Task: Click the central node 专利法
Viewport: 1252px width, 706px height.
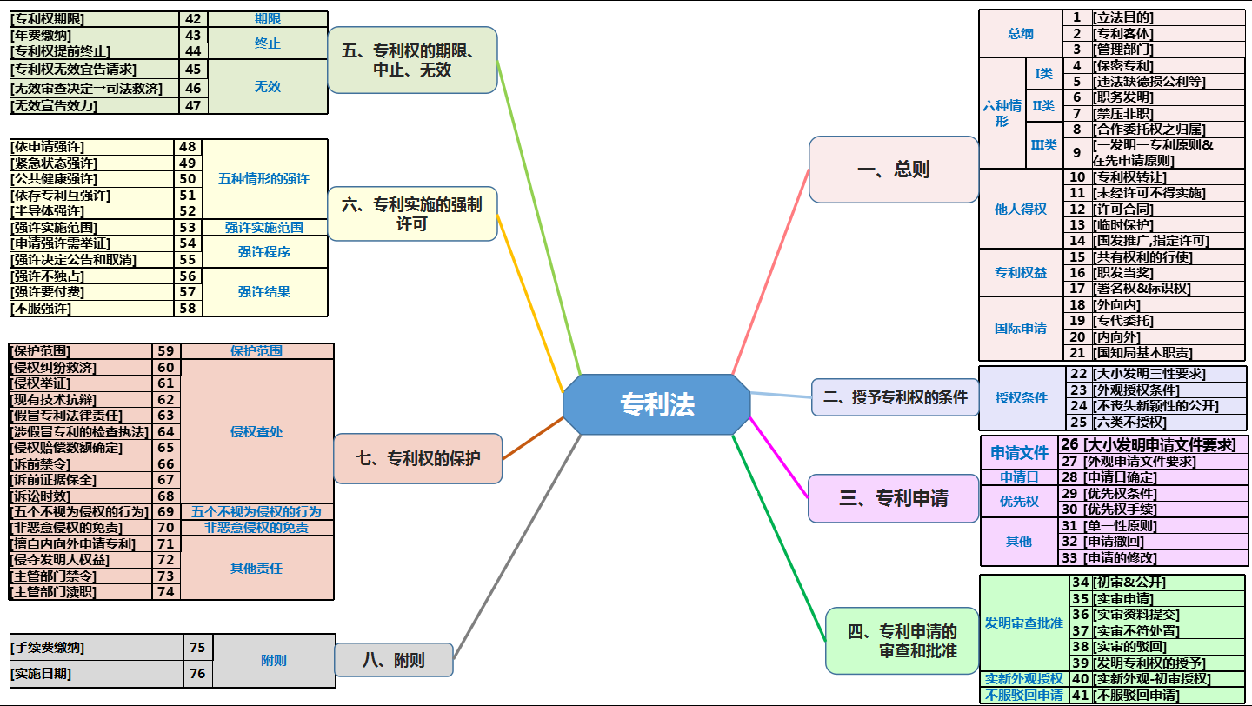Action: pyautogui.click(x=656, y=404)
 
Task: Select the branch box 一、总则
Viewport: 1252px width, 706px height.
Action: pyautogui.click(x=893, y=170)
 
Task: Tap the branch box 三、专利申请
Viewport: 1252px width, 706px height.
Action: pyautogui.click(x=893, y=498)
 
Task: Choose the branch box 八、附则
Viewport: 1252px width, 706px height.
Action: pyautogui.click(x=394, y=660)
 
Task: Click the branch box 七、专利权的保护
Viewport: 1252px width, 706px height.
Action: pyautogui.click(x=417, y=457)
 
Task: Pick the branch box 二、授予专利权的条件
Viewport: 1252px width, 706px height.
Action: pyautogui.click(x=895, y=397)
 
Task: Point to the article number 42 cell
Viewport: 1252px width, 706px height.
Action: pyautogui.click(x=193, y=19)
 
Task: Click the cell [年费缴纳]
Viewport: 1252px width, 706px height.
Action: pyautogui.click(x=95, y=36)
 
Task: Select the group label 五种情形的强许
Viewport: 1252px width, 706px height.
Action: pyautogui.click(x=264, y=179)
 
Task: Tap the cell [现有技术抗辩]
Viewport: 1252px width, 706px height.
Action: pyautogui.click(x=81, y=400)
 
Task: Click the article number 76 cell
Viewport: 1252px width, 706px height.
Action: pyautogui.click(x=197, y=673)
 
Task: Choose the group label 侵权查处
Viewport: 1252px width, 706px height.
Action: pyautogui.click(x=256, y=431)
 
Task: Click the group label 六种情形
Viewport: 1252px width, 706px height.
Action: pyautogui.click(x=1002, y=113)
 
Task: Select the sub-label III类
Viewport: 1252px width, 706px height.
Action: pyautogui.click(x=1043, y=144)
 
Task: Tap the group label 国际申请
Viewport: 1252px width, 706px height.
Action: pyautogui.click(x=1021, y=329)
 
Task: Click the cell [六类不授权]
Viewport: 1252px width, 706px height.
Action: pyautogui.click(x=1155, y=423)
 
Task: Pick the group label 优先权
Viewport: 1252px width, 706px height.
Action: pyautogui.click(x=1019, y=502)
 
